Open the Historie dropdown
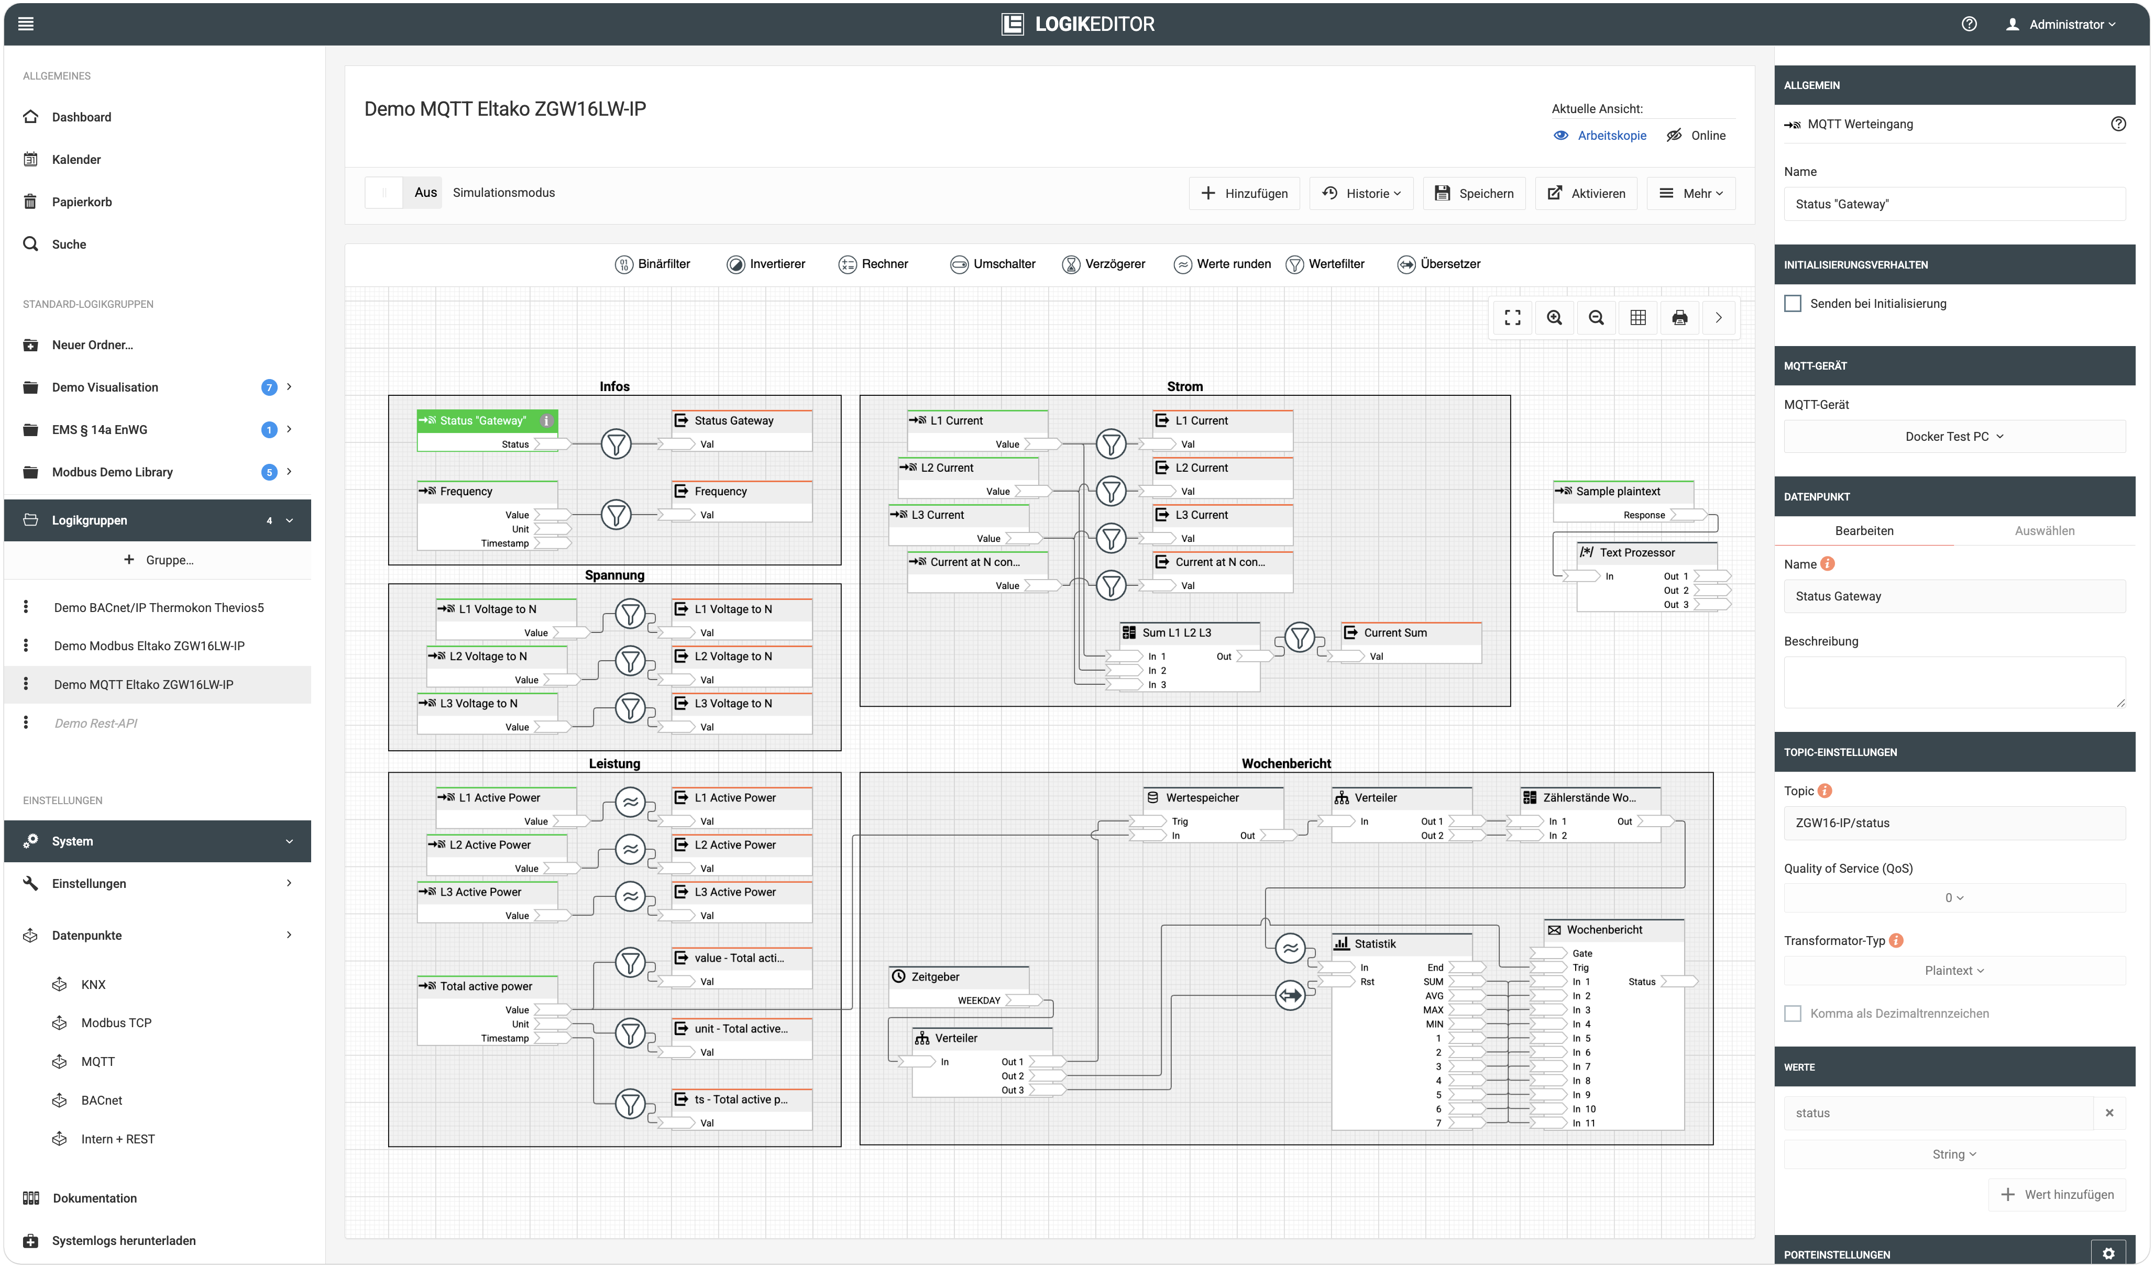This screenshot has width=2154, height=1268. [x=1361, y=193]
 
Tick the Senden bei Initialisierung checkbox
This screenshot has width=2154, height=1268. [x=1793, y=303]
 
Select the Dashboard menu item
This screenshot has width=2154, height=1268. [x=81, y=117]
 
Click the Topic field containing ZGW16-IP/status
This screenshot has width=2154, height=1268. [x=1954, y=823]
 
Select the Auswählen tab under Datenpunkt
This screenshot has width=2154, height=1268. [x=2044, y=531]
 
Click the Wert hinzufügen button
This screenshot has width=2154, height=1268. [x=2060, y=1195]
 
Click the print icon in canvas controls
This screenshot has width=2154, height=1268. [x=1679, y=318]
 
